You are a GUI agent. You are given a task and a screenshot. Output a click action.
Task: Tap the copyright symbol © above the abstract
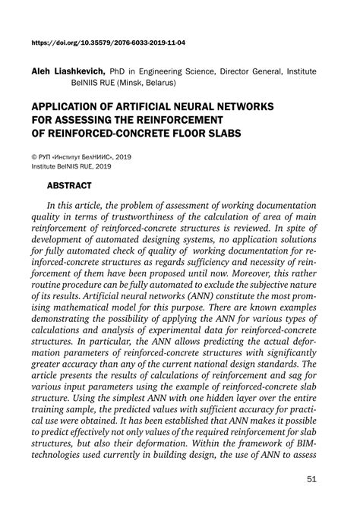point(34,154)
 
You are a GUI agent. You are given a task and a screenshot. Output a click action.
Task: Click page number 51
point(311,479)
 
